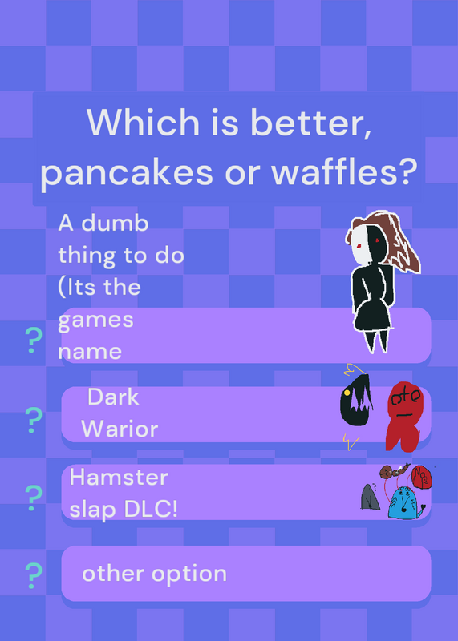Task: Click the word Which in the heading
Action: click(x=144, y=122)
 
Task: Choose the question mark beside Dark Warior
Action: click(x=34, y=420)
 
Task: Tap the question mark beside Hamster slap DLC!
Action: click(x=34, y=498)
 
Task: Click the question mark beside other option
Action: click(x=34, y=575)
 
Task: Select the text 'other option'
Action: click(x=154, y=574)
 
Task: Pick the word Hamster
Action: click(x=119, y=477)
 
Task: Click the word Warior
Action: click(x=120, y=429)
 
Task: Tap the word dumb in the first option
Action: click(x=115, y=224)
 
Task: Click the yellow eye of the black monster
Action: click(x=347, y=393)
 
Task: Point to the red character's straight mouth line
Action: click(x=404, y=415)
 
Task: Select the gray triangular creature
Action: click(x=370, y=497)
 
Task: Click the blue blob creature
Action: click(x=404, y=503)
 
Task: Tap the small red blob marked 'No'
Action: click(x=422, y=477)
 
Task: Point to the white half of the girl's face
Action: click(x=360, y=244)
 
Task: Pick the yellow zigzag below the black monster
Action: click(x=351, y=442)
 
